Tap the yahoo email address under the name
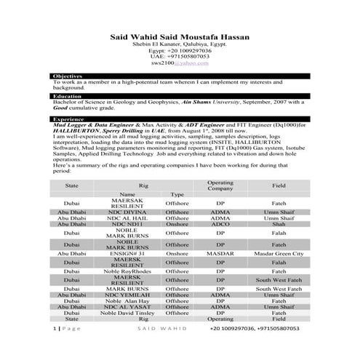[179, 63]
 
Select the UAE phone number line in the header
[179, 56]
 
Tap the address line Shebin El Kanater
[179, 44]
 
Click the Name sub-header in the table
[127, 195]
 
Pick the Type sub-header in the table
[177, 195]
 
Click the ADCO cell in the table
[220, 225]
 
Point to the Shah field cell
[279, 225]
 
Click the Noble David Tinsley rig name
[127, 313]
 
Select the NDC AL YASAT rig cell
[127, 306]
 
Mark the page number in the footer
[55, 329]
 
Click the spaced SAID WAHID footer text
[158, 329]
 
